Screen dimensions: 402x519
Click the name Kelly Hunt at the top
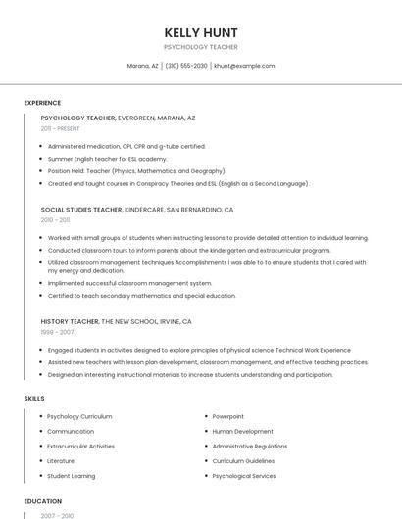[201, 32]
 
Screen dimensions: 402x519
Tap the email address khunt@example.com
[244, 66]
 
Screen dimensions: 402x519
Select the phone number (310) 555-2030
[186, 66]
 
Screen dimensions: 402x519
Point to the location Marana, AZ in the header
[142, 66]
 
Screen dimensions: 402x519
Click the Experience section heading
[42, 103]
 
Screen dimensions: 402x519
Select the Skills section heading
[33, 399]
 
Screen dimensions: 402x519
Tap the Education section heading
[42, 501]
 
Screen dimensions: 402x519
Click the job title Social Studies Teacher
[81, 210]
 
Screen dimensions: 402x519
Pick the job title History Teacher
[70, 321]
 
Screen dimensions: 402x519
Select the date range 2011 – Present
[60, 128]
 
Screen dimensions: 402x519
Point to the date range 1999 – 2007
[57, 332]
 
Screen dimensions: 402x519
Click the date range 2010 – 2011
[56, 220]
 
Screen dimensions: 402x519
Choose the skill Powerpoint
[227, 416]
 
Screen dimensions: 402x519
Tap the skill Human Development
[242, 431]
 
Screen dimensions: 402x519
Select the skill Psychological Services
[244, 476]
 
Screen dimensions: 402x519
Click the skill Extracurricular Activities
[80, 446]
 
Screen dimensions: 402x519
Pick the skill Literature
[61, 460]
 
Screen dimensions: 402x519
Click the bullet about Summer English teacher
[107, 159]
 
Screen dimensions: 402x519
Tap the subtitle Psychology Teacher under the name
[201, 47]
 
